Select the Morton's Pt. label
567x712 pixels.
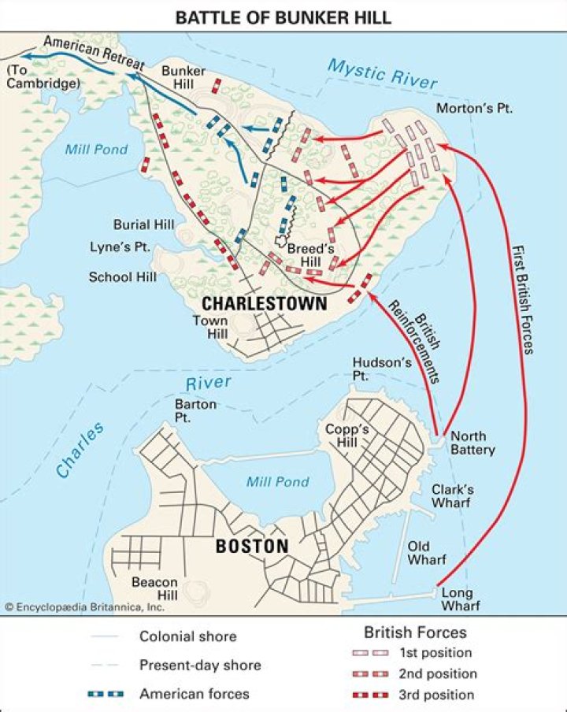[475, 108]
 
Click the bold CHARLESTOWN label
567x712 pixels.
[264, 303]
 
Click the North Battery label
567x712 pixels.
[472, 443]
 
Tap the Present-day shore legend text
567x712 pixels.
[200, 665]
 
